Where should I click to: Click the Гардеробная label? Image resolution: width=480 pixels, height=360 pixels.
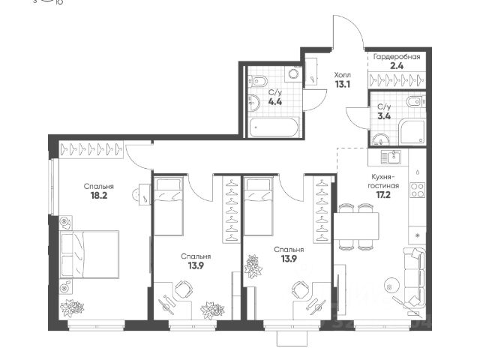point(397,57)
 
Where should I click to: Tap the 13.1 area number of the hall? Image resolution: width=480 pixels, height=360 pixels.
point(342,84)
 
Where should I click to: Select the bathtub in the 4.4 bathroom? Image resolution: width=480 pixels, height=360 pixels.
point(274,127)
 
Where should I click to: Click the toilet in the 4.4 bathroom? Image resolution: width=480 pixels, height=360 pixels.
point(259,81)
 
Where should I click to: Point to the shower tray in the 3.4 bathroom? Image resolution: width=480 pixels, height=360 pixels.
point(412,132)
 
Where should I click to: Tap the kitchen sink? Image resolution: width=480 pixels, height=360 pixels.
point(391,157)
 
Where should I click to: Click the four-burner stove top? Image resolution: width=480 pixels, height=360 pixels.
point(418,190)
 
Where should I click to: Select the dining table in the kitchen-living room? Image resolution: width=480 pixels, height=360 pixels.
point(356,226)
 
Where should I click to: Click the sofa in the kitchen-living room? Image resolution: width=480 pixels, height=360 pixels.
point(414,278)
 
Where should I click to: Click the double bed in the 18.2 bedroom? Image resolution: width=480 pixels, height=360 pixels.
point(90,255)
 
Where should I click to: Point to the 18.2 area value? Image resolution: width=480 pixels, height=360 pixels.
point(98,195)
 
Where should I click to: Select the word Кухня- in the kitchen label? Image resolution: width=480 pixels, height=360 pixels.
point(383,177)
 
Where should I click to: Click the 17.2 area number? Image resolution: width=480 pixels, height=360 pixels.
point(383,194)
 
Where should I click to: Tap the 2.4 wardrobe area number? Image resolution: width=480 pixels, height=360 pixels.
point(397,66)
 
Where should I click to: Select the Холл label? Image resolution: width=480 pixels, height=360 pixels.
point(342,75)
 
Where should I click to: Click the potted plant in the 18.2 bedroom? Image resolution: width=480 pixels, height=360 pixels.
point(72,308)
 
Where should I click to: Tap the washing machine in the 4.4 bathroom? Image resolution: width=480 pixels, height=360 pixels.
point(293,73)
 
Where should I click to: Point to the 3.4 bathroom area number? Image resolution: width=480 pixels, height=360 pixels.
point(384,116)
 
